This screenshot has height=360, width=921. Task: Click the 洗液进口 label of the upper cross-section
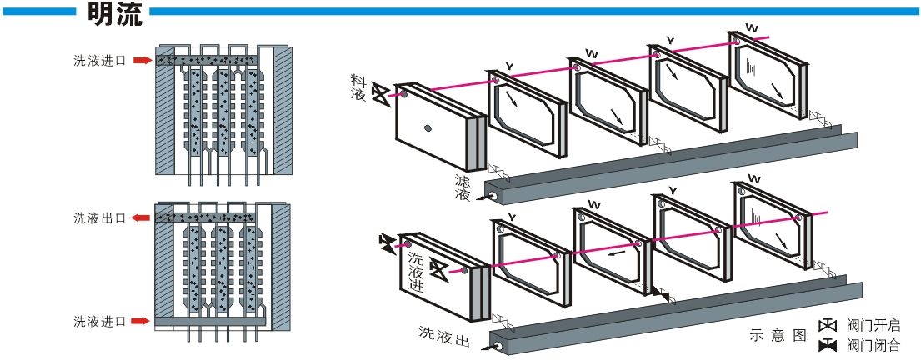(x=98, y=61)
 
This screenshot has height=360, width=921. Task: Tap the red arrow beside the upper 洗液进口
(x=143, y=60)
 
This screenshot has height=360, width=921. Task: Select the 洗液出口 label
(x=98, y=217)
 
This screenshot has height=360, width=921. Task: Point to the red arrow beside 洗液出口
(x=143, y=217)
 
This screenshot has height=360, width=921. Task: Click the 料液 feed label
(x=358, y=85)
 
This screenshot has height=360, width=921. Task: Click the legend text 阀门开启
(x=873, y=326)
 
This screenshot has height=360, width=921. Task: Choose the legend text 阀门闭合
(x=873, y=344)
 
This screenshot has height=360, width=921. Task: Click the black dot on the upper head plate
(x=428, y=127)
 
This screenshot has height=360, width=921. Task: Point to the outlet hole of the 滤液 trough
(x=493, y=197)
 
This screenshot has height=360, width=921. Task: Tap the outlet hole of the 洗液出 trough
(x=498, y=345)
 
